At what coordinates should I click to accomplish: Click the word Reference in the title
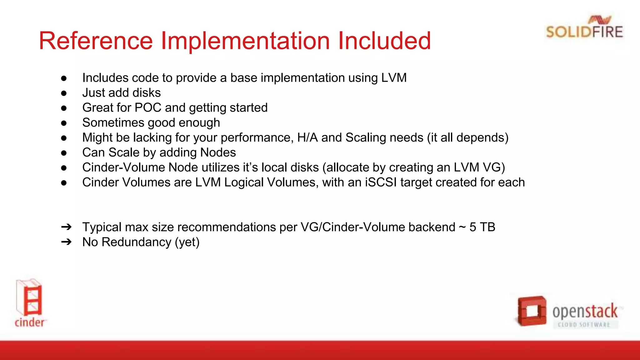click(x=96, y=41)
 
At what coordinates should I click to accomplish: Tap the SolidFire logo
click(x=584, y=28)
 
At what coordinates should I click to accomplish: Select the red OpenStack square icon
click(x=531, y=311)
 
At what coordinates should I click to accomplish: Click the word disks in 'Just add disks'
click(x=147, y=93)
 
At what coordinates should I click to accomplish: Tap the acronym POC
click(x=148, y=108)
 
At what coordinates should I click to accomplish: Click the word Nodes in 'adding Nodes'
click(x=218, y=153)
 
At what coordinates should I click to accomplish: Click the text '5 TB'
click(x=482, y=227)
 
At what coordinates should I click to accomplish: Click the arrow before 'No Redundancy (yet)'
click(x=66, y=242)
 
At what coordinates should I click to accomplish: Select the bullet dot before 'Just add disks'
click(x=64, y=93)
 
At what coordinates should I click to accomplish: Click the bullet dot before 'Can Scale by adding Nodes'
click(x=64, y=153)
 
